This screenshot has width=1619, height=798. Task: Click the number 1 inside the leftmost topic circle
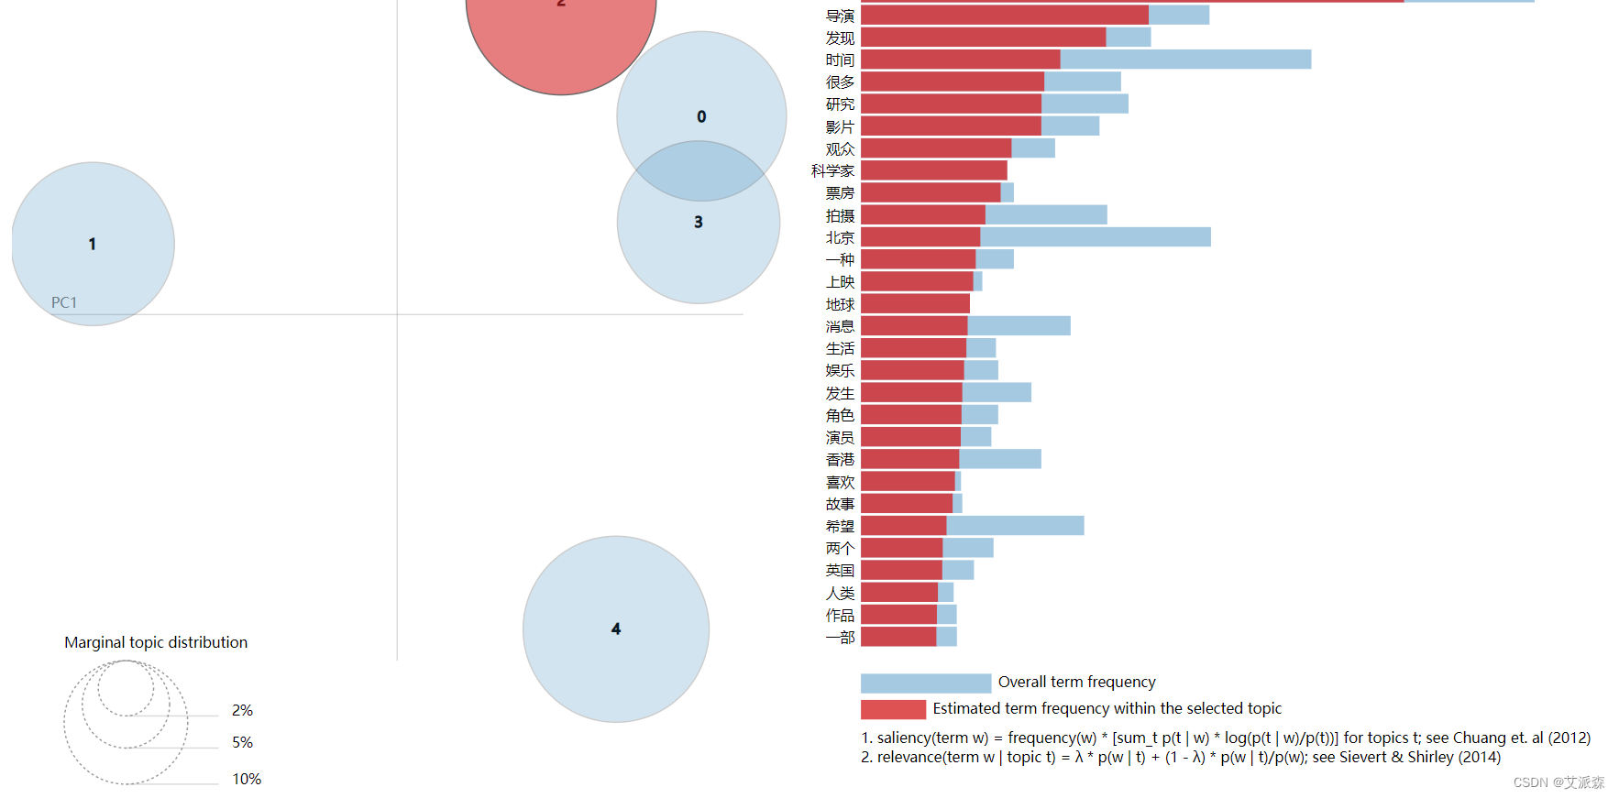(92, 244)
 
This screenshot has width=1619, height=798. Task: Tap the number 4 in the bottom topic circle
(616, 629)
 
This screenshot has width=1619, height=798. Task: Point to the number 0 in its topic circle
(701, 116)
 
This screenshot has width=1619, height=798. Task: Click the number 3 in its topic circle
(699, 222)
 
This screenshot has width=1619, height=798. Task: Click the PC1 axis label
(64, 302)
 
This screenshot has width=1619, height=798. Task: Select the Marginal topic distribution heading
(156, 642)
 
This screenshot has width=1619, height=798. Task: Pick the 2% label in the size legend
(242, 710)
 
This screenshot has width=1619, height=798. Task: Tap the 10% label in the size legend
(247, 779)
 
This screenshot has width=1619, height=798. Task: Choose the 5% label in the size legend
(242, 742)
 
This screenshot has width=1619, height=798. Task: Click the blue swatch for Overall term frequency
(926, 683)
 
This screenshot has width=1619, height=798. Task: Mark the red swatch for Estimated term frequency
(893, 709)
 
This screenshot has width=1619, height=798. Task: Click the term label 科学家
(832, 171)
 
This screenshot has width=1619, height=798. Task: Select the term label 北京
(840, 238)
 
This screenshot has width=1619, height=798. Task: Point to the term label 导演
(840, 16)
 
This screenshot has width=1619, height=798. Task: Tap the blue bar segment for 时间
(1185, 60)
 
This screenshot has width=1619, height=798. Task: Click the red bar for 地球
(915, 304)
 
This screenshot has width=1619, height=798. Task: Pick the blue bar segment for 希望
(1015, 526)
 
